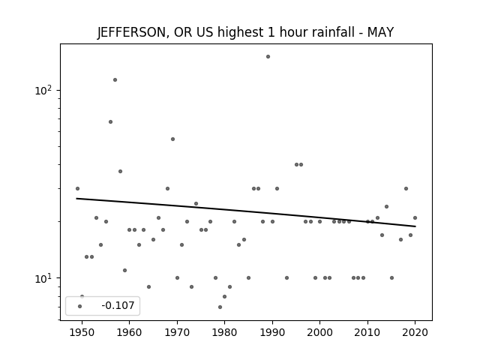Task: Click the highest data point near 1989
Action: point(268,57)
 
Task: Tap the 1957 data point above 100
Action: point(115,80)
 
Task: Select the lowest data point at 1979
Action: point(220,307)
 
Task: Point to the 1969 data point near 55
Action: point(172,139)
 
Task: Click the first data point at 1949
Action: point(77,188)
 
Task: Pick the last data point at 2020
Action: point(415,218)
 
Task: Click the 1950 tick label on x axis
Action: point(82,332)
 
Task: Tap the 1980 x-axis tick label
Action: point(225,332)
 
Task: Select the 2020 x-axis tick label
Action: point(415,332)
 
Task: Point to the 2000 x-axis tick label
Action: point(320,332)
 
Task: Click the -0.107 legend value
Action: point(118,305)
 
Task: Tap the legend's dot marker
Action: point(80,306)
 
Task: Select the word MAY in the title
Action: point(380,31)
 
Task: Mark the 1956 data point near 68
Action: point(110,121)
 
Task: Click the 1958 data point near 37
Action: point(120,172)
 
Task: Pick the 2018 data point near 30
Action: point(406,188)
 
